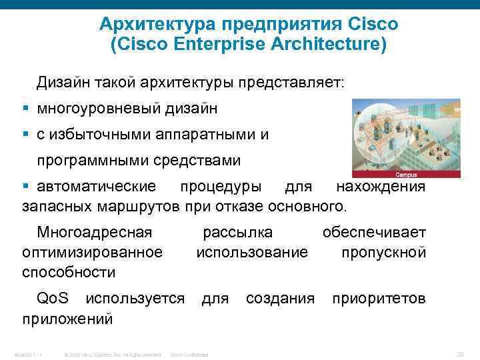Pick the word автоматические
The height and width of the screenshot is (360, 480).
point(97,186)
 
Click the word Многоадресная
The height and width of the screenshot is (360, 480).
point(95,233)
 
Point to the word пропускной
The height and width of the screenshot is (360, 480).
point(383,252)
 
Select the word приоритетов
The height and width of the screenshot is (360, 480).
point(379,298)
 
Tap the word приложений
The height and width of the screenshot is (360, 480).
point(67,319)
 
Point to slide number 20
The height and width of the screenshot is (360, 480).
point(459,354)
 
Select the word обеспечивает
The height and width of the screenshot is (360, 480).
point(374,233)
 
